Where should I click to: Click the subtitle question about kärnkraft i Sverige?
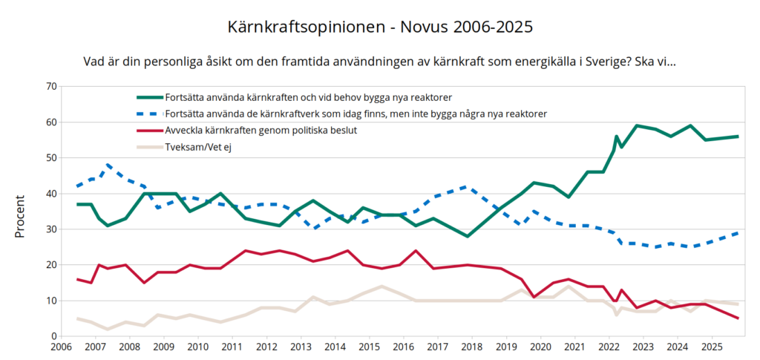click(x=380, y=61)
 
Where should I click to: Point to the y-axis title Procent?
click(x=20, y=216)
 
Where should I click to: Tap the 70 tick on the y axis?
click(x=51, y=86)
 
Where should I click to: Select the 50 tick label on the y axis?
click(x=51, y=157)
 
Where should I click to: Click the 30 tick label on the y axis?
click(x=51, y=229)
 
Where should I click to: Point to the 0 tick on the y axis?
click(x=54, y=336)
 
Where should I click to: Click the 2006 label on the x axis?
click(x=61, y=347)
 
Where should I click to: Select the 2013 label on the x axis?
click(x=301, y=347)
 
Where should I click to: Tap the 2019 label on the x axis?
click(x=506, y=347)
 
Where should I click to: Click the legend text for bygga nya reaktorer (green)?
click(x=309, y=98)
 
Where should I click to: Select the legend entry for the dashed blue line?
click(x=357, y=114)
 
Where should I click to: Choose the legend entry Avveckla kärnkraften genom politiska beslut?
click(x=262, y=131)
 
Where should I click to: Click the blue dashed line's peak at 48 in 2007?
click(x=108, y=165)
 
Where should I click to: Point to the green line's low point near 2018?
click(x=467, y=236)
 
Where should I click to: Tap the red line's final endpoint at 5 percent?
click(x=738, y=318)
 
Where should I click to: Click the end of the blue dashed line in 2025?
click(x=738, y=232)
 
